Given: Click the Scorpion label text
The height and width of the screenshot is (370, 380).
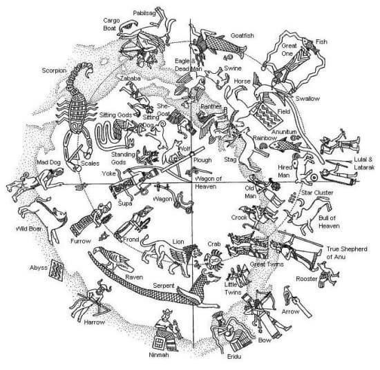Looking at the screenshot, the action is (x=54, y=70).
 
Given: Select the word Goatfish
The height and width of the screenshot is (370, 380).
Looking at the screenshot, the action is (x=243, y=36).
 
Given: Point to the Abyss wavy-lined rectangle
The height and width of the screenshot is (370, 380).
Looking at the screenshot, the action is (x=56, y=270).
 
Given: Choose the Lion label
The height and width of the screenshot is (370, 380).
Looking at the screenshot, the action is (x=178, y=242).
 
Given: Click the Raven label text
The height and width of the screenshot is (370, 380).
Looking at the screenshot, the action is (x=134, y=277).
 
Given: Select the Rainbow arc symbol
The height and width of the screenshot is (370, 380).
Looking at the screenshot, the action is (x=263, y=146).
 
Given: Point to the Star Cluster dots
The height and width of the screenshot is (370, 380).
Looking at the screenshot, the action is (x=293, y=197).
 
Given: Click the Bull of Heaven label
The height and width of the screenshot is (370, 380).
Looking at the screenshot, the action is (x=329, y=222).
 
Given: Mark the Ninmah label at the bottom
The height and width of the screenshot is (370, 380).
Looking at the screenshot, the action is (x=159, y=356).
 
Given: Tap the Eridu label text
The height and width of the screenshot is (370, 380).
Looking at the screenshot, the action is (x=234, y=357).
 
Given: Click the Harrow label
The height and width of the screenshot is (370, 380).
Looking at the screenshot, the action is (x=94, y=322).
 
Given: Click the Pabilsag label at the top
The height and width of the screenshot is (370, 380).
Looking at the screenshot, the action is (x=144, y=13).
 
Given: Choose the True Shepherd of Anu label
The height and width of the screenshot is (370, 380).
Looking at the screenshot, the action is (x=347, y=253).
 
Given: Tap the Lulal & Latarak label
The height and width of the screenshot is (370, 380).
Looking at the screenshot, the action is (x=364, y=164).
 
